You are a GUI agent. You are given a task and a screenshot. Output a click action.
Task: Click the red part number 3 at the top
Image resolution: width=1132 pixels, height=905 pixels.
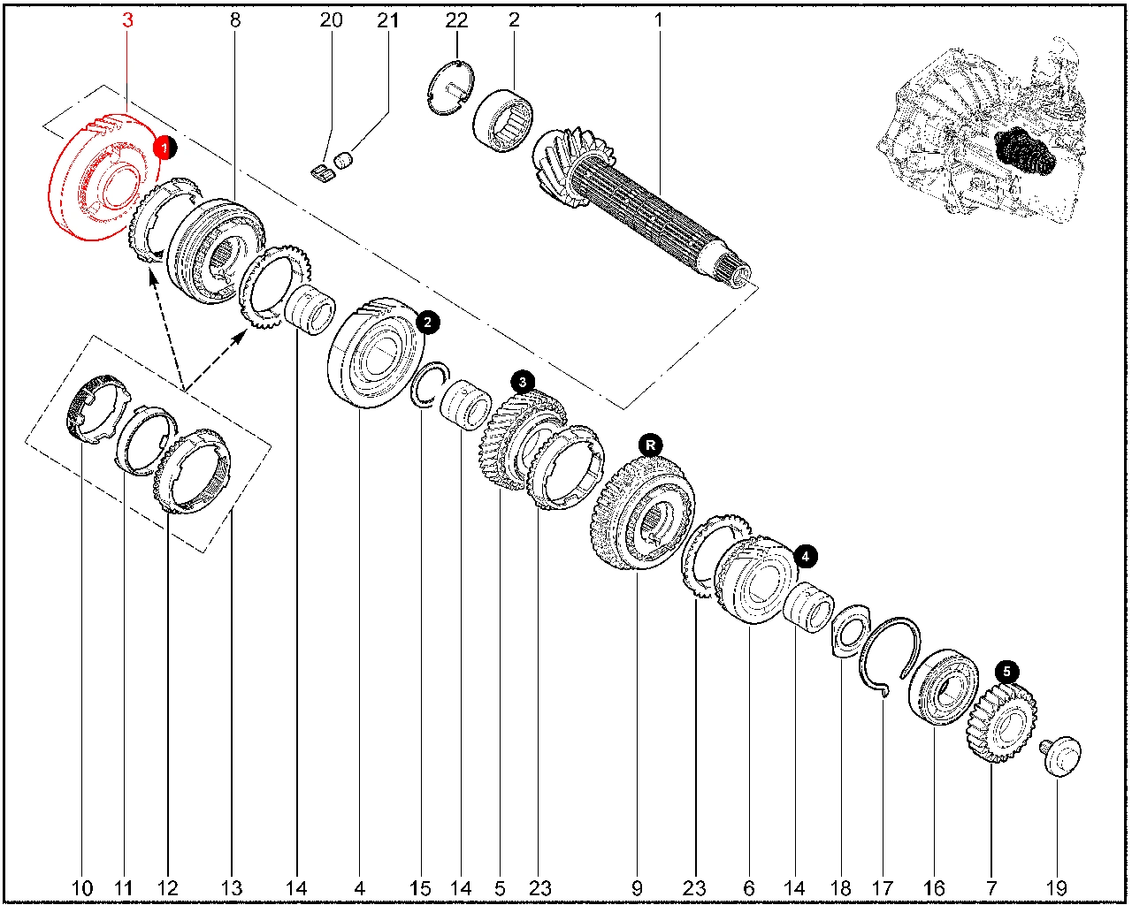(128, 19)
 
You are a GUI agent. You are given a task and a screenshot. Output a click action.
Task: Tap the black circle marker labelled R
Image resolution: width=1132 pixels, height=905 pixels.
(651, 445)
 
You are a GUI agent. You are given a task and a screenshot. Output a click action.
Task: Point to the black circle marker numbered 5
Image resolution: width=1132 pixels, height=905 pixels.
(1006, 672)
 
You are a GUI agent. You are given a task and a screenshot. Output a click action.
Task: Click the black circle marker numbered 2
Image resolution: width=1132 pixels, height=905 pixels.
(427, 323)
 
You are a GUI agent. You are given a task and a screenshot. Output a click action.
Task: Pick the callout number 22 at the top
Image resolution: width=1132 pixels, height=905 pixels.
(456, 19)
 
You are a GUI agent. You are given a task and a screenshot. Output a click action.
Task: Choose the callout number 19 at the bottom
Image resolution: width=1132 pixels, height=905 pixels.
(1056, 887)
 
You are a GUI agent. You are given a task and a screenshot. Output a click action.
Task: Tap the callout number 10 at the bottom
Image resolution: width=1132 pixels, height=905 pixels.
(81, 887)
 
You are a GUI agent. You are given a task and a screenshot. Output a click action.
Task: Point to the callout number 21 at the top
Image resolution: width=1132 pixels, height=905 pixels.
(388, 19)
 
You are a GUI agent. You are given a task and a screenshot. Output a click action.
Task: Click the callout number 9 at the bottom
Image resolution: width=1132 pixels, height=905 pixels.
(637, 887)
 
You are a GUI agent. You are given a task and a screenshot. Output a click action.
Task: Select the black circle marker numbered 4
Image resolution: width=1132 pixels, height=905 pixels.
(806, 557)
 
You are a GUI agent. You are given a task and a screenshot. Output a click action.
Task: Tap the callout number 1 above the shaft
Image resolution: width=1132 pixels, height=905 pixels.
(658, 19)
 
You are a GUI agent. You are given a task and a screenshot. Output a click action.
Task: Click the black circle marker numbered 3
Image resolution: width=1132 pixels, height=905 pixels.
(523, 383)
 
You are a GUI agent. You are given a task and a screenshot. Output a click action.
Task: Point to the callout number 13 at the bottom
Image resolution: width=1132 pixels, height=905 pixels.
(231, 887)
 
